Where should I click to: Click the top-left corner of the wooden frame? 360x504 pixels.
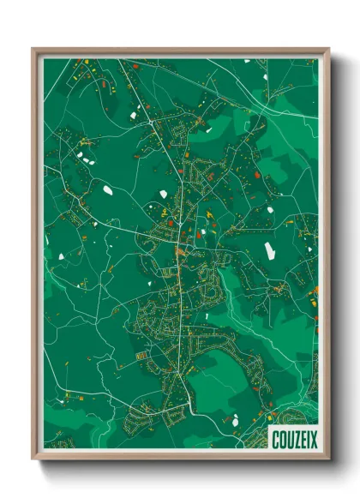(x=33, y=49)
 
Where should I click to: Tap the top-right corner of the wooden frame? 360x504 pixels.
(x=328, y=49)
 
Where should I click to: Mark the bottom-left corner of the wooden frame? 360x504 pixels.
(x=33, y=459)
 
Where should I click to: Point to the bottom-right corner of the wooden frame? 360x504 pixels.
(x=328, y=459)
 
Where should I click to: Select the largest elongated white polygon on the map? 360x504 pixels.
(x=269, y=250)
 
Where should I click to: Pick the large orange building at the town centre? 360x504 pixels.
(x=177, y=251)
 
